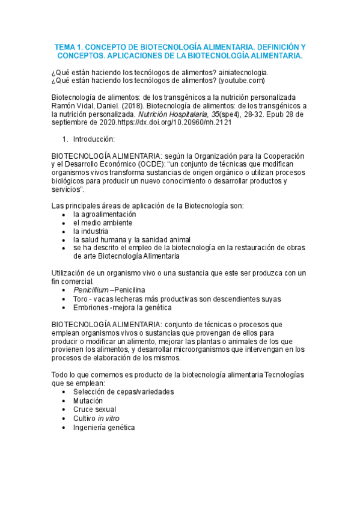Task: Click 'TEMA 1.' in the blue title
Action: pyautogui.click(x=71, y=46)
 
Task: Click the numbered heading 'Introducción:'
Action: pyautogui.click(x=97, y=138)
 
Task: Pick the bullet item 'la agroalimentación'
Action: pyautogui.click(x=105, y=214)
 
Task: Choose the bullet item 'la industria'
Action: pyautogui.click(x=91, y=231)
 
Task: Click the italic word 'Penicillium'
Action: pyautogui.click(x=91, y=290)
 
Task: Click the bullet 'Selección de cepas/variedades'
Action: pyautogui.click(x=123, y=392)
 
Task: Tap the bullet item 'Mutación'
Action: pyautogui.click(x=88, y=401)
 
